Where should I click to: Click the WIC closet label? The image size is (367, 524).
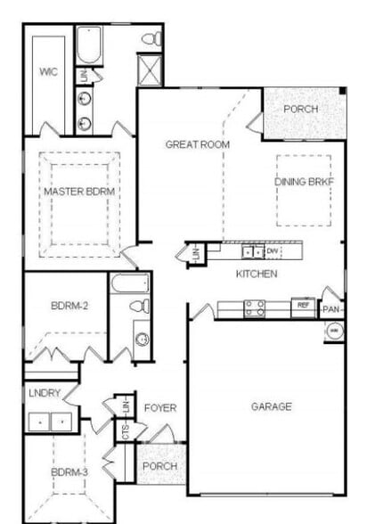48,71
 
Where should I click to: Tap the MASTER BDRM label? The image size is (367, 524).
81,191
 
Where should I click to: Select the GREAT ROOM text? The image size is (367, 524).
198,144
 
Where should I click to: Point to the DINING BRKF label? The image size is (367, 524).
304,182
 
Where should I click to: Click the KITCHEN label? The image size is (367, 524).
257,274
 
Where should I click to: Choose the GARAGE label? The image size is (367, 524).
271,406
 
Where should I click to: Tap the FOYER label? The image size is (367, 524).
160,408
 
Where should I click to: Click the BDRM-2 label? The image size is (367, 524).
68,306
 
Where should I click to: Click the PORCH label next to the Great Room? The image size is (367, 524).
301,109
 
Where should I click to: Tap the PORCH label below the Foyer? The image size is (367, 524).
160,466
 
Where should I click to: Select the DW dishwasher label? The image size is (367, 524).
272,252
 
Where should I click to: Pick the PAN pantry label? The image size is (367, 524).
332,309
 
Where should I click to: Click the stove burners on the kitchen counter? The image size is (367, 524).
254,308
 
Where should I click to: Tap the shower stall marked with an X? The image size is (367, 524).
149,69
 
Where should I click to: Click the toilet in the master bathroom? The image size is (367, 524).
153,38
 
